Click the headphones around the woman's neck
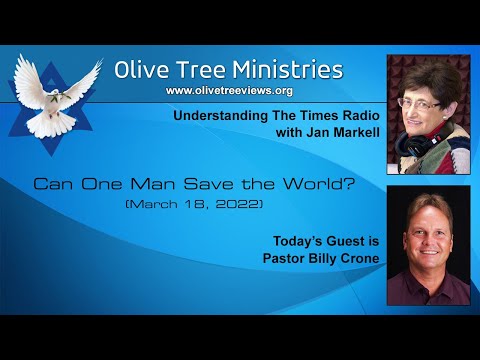point(410,144)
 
